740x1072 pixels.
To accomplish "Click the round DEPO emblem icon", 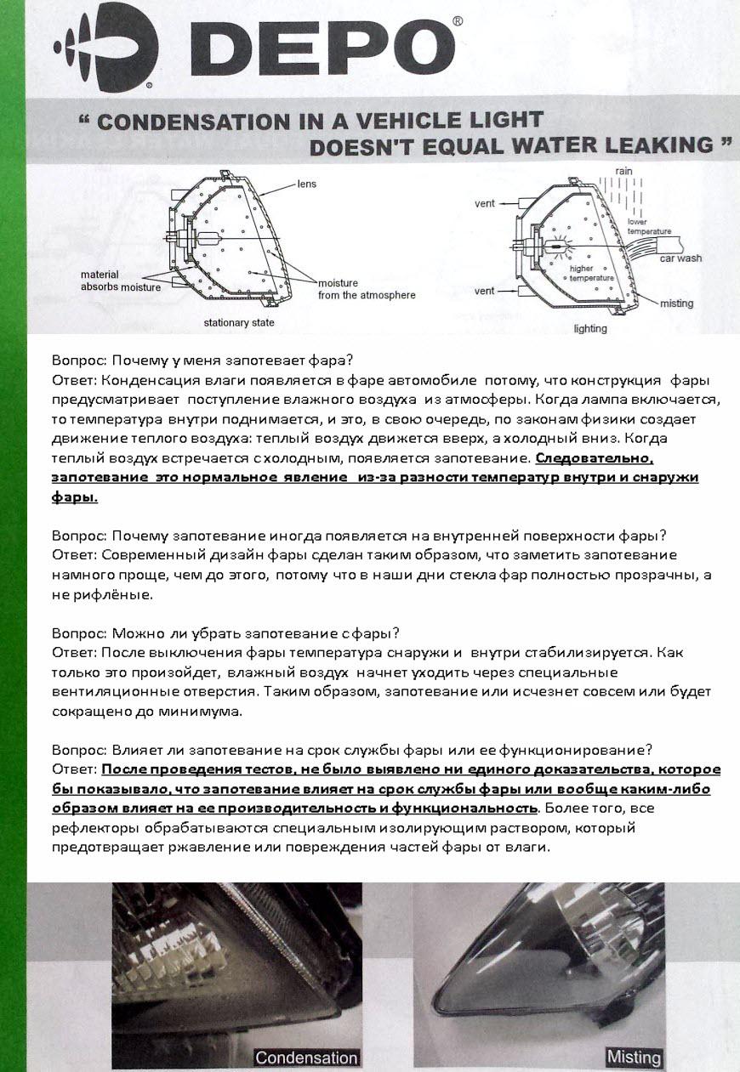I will pyautogui.click(x=105, y=49).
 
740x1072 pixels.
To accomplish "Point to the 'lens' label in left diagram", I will pyautogui.click(x=306, y=183).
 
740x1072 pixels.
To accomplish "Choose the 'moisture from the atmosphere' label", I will pyautogui.click(x=367, y=289).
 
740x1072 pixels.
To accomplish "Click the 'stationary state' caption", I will pyautogui.click(x=239, y=323).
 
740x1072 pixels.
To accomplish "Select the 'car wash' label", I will pyautogui.click(x=681, y=258).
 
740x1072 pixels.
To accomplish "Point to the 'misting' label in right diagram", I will pyautogui.click(x=676, y=303).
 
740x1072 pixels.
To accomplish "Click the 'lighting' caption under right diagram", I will pyautogui.click(x=590, y=327).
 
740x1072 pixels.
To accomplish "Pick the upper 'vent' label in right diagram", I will pyautogui.click(x=485, y=204).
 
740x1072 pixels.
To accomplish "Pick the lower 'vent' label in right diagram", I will pyautogui.click(x=485, y=291).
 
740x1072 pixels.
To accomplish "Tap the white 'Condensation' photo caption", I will pyautogui.click(x=306, y=1058).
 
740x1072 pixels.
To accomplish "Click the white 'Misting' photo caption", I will pyautogui.click(x=634, y=1058).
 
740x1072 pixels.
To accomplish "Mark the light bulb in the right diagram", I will pyautogui.click(x=554, y=246).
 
